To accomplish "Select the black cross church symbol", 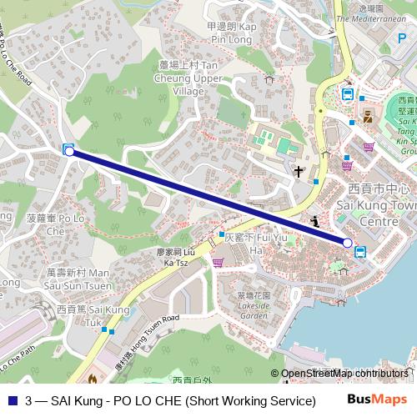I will click(x=298, y=172).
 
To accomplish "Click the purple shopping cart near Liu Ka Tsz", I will click(x=218, y=262).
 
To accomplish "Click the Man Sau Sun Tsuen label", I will click(x=77, y=278).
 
